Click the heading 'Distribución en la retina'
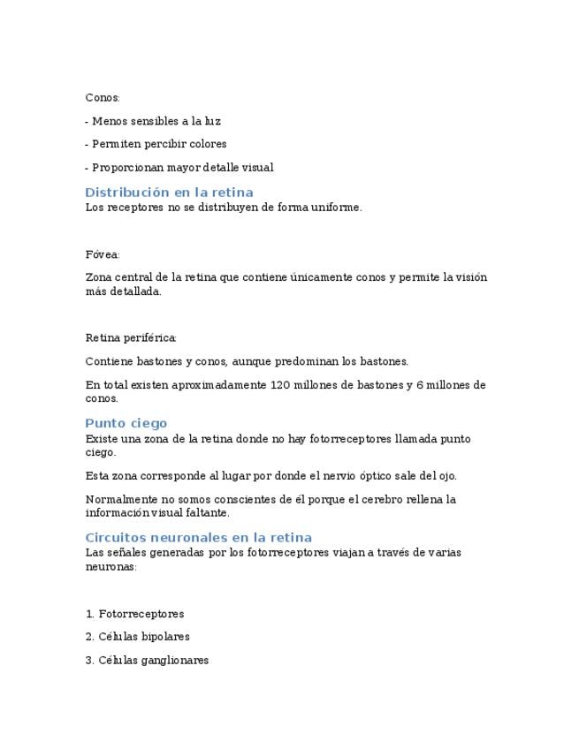(169, 193)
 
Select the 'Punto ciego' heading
(126, 423)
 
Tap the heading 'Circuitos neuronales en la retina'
(198, 537)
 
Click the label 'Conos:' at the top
(103, 97)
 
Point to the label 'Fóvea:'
(103, 254)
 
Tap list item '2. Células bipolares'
(137, 637)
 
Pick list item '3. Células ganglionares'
(147, 660)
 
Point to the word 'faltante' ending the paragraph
(203, 512)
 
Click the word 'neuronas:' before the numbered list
(110, 567)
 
